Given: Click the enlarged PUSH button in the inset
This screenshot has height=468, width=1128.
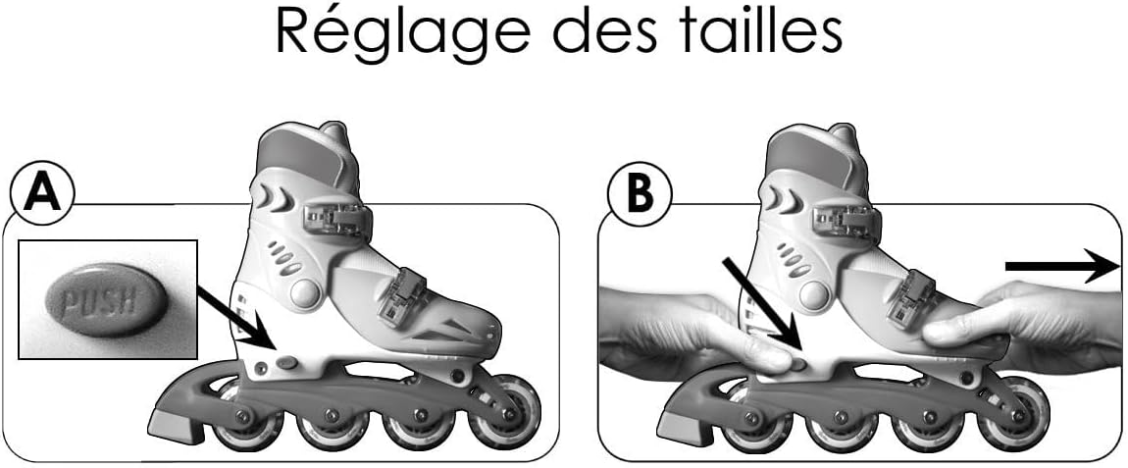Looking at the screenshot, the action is coord(107,300).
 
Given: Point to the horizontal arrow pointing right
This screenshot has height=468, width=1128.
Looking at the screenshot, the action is coord(1061,266).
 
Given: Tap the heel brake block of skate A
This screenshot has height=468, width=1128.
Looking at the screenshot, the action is coord(176,426).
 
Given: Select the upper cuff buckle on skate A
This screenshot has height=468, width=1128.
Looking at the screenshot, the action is coord(337,220).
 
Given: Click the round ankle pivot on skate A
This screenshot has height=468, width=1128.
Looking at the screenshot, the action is coord(306,293).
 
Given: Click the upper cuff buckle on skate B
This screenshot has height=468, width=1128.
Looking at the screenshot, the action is coord(846,220).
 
